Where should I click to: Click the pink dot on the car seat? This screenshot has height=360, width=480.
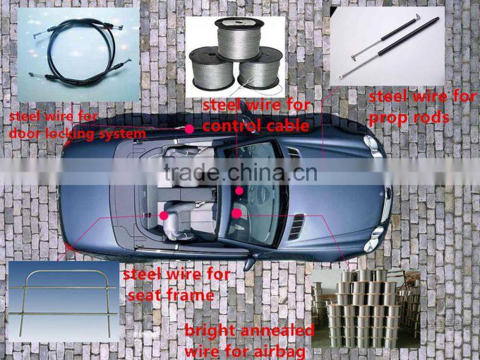(164, 215)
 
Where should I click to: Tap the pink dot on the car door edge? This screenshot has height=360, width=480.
(189, 129)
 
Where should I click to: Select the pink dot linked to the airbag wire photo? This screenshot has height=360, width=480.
(236, 214)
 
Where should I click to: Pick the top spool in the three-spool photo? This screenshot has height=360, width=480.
(239, 38)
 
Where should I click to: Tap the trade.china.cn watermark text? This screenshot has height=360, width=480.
(241, 172)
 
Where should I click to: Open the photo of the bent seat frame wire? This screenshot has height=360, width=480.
(64, 301)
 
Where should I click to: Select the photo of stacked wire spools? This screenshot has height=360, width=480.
(365, 308)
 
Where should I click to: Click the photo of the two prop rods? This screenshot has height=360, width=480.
(387, 46)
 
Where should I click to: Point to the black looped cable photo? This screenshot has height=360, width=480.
(79, 55)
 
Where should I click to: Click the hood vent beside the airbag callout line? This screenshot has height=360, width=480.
(296, 227)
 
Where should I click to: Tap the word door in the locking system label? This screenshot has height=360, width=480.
(22, 134)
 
